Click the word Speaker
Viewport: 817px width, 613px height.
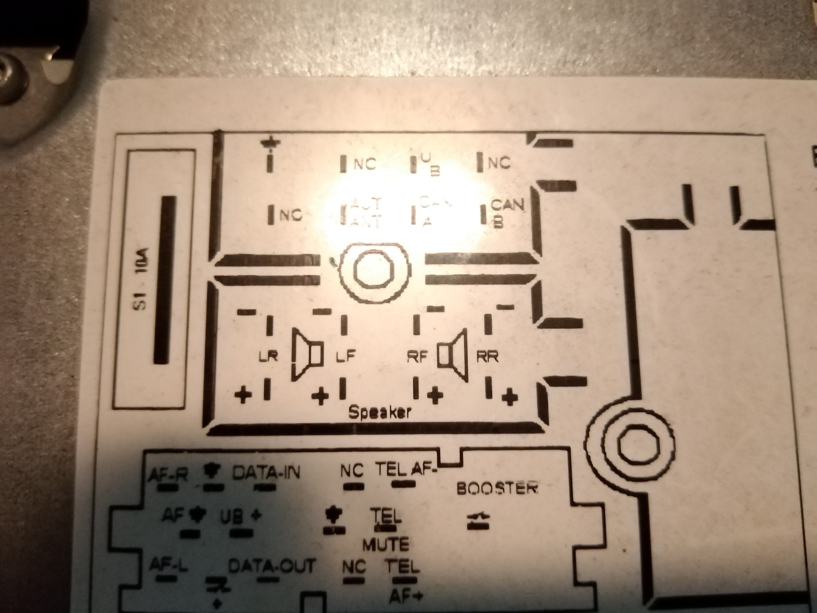tap(380, 412)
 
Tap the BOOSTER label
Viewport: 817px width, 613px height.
tap(497, 488)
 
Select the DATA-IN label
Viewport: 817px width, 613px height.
tap(266, 473)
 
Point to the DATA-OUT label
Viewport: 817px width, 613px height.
tap(272, 566)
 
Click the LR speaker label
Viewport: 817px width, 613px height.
tap(268, 356)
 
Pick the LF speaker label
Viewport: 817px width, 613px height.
tap(345, 356)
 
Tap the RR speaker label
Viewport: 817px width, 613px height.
tap(487, 356)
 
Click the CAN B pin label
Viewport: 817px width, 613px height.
tap(506, 213)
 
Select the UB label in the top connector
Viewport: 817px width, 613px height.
tap(430, 164)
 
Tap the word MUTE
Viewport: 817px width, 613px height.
tap(386, 544)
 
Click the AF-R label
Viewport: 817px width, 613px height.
tap(168, 474)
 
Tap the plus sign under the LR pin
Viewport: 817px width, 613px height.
tap(243, 395)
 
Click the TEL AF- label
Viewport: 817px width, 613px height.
tap(407, 470)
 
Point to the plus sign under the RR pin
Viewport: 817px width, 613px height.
tap(509, 398)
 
